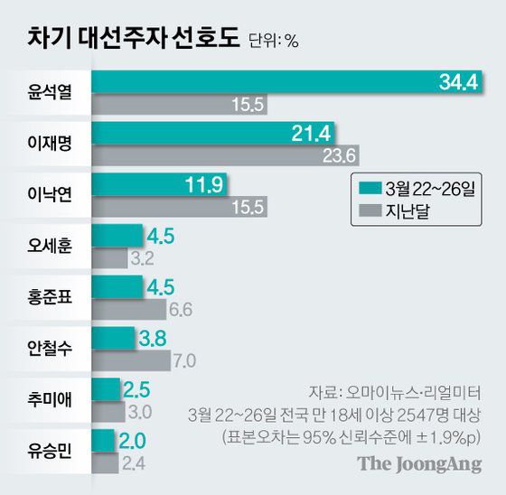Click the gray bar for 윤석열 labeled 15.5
tap(181, 106)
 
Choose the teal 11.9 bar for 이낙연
tap(163, 185)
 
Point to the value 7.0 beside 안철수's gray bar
tap(185, 361)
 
